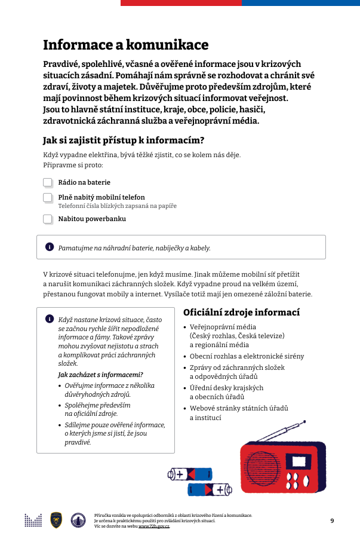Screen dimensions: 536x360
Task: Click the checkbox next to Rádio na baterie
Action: (48, 182)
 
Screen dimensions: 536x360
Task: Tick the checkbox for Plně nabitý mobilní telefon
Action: (48, 197)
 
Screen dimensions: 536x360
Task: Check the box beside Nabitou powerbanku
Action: (48, 219)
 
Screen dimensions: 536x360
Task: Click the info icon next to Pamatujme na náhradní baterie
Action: (49, 247)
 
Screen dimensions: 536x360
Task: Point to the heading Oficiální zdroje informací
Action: (241, 313)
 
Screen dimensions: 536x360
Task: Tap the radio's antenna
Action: (281, 432)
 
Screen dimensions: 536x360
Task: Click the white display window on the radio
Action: (297, 461)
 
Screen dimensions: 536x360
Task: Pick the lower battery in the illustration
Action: (210, 490)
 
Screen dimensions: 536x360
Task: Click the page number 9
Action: (332, 520)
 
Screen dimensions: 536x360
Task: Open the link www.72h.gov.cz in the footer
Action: (154, 526)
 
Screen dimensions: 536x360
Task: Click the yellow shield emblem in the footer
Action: (56, 520)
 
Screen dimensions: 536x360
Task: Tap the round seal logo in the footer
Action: (78, 520)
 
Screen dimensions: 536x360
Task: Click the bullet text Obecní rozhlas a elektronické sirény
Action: (247, 356)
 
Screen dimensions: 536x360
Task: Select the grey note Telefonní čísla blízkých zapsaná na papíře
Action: (117, 206)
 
